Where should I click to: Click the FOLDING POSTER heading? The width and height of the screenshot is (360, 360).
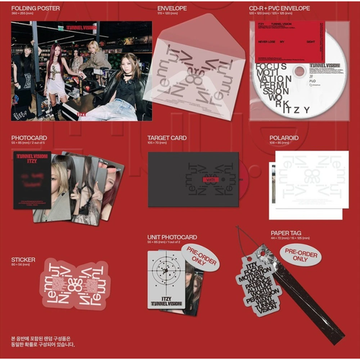(36, 7)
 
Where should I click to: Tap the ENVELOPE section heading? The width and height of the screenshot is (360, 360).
(162, 7)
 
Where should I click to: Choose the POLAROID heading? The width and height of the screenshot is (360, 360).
(282, 138)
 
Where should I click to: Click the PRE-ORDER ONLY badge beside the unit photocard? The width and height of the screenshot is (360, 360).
(200, 257)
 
